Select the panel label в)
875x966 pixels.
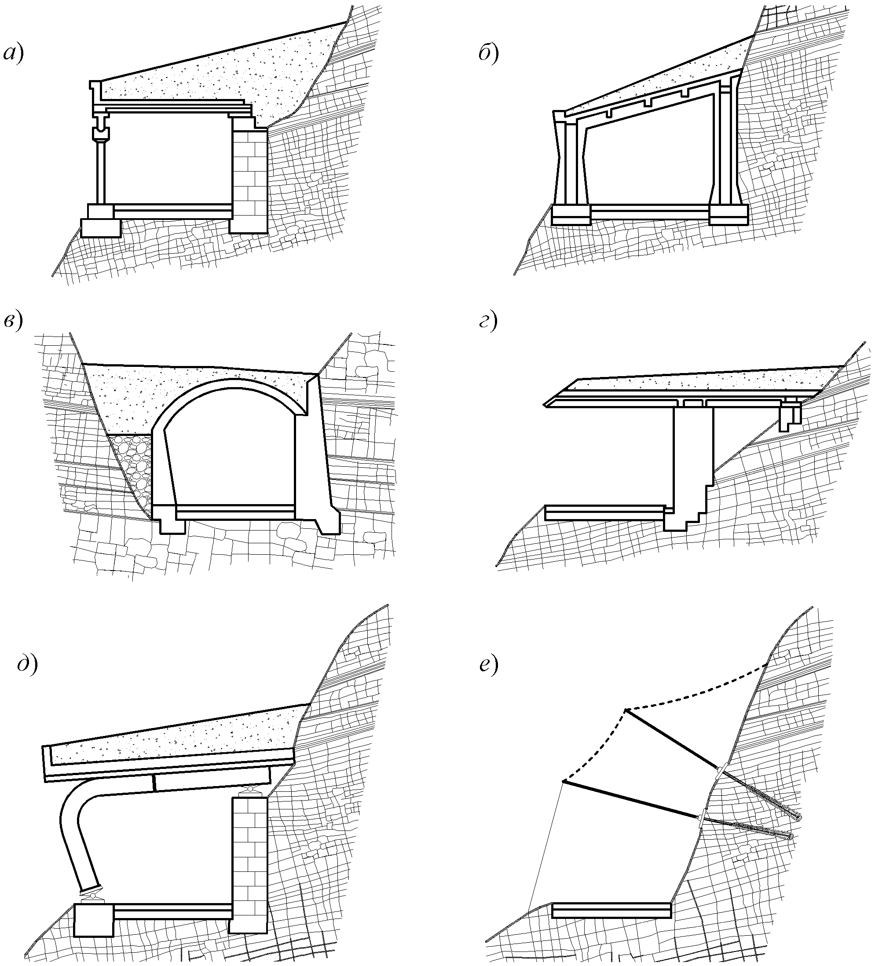coord(13,322)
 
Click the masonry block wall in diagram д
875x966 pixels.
coord(249,863)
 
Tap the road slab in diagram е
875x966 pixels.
coord(611,910)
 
